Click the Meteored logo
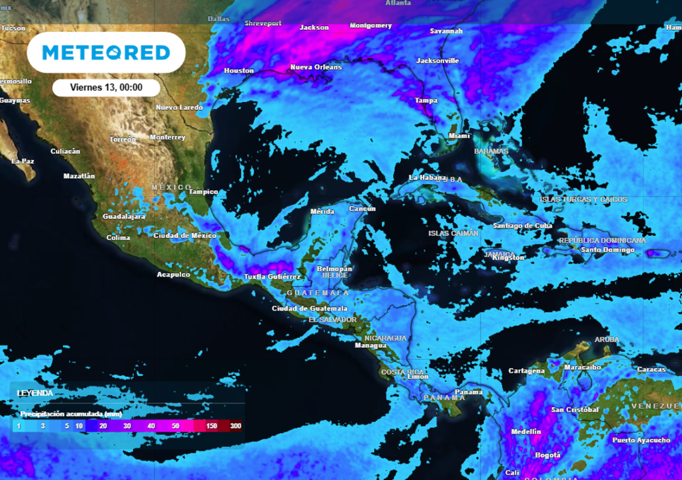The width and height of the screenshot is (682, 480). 107,52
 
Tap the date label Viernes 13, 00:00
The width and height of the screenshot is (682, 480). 107,87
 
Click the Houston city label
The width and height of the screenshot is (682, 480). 238,71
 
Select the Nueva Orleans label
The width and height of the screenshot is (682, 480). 316,67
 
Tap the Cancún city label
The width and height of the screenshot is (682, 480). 362,209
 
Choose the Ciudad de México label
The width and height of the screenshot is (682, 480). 184,235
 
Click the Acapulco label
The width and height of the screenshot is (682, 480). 173,275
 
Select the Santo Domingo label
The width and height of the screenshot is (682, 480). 607,250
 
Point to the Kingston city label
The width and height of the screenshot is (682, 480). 509,257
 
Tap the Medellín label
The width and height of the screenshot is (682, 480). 525,432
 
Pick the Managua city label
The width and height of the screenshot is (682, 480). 370,345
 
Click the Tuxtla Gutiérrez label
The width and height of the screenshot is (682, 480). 272,277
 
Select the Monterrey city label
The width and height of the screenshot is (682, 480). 167,137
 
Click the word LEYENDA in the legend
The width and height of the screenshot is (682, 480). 35,393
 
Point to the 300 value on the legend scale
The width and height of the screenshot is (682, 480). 235,426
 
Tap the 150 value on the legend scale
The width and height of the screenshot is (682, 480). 212,426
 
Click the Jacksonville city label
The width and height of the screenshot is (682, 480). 438,61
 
